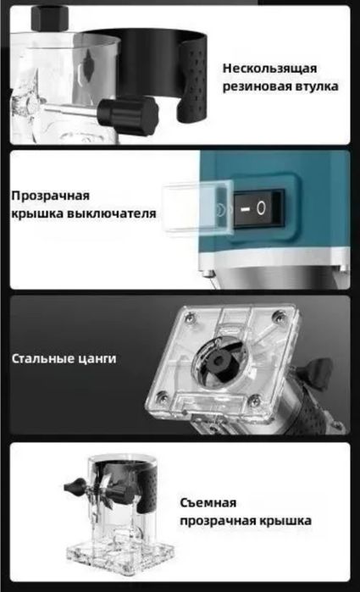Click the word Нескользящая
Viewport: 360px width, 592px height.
(x=270, y=69)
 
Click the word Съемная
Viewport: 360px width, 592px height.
(x=208, y=502)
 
